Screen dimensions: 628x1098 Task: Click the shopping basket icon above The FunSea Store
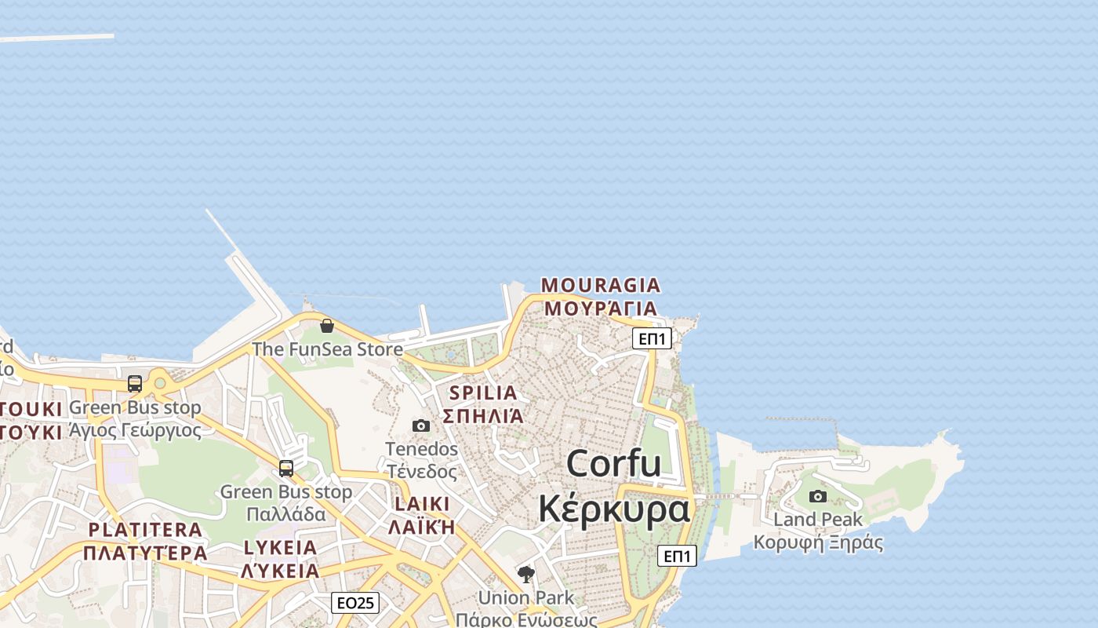[x=327, y=326]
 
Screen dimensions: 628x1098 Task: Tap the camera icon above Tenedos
[x=421, y=425]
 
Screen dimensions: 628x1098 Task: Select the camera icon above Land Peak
[x=818, y=496]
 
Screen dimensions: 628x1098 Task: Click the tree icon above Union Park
[x=526, y=575]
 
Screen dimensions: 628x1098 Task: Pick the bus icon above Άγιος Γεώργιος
[x=135, y=384]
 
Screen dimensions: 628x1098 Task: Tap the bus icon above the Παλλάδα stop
[x=286, y=469]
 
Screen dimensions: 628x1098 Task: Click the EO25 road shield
[x=355, y=603]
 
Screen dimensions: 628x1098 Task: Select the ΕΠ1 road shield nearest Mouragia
[x=652, y=338]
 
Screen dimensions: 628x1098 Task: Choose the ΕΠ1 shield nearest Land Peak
[x=676, y=556]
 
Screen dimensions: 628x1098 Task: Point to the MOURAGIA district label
[x=601, y=285]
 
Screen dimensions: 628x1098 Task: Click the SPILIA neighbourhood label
[x=483, y=392]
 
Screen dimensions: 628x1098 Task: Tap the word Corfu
[x=613, y=463]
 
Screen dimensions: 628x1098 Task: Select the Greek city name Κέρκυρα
[x=613, y=509]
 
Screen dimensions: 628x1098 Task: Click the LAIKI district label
[x=422, y=504]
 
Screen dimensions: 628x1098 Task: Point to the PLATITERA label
[x=145, y=530]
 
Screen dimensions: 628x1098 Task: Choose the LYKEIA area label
[x=280, y=548]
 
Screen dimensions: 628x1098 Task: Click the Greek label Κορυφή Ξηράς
[x=818, y=542]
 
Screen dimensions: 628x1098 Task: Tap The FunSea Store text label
[x=327, y=349]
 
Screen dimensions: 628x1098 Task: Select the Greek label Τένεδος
[x=421, y=472]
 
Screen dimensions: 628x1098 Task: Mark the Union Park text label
[x=525, y=597]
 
